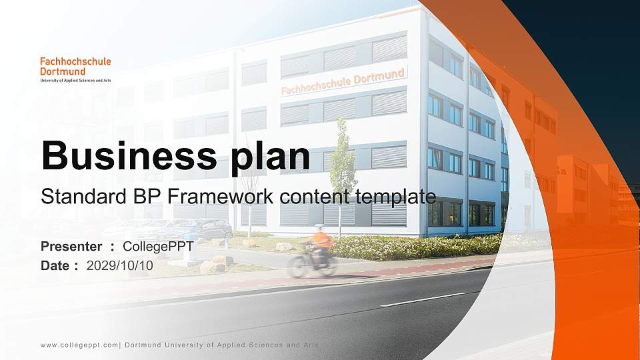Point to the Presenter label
(x=71, y=247)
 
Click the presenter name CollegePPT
(x=158, y=247)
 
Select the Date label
(x=55, y=265)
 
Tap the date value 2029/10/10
(x=119, y=265)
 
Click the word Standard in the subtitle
(x=71, y=197)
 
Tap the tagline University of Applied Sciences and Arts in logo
(x=75, y=80)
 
